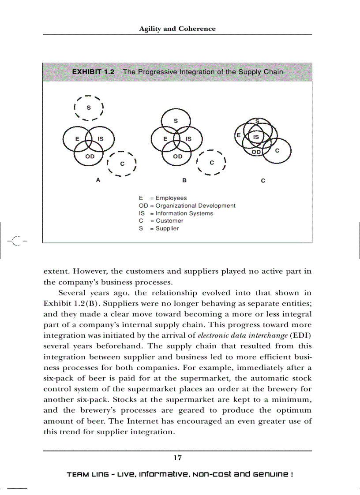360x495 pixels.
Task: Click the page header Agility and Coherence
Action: coord(177,29)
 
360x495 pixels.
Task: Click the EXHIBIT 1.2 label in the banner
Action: coord(93,71)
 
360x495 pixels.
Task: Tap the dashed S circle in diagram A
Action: coord(89,107)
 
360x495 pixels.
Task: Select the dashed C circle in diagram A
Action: coord(122,164)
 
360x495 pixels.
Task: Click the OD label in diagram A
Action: coord(90,156)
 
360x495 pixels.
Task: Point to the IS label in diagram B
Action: coord(188,138)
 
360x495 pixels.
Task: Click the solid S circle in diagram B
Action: coord(176,120)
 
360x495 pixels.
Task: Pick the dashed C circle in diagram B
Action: coord(211,162)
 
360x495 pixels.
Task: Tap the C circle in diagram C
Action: coord(277,151)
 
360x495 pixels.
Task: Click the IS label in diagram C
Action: coord(255,137)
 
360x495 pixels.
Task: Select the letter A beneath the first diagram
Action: coord(98,180)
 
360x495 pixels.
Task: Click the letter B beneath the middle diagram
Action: coord(184,180)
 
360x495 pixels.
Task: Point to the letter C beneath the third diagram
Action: coord(263,180)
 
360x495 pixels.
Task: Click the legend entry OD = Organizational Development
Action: coord(187,205)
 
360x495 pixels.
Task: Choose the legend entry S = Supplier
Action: coord(159,228)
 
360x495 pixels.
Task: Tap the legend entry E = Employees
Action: coord(163,198)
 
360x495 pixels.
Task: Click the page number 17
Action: coord(177,458)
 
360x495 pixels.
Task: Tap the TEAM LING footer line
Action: coord(180,475)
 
